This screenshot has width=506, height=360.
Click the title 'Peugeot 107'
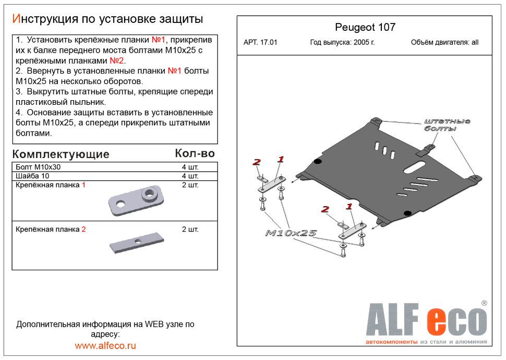point(364,28)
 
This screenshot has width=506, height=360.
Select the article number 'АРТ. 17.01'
point(260,43)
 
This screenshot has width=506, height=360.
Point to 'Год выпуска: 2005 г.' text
point(342,43)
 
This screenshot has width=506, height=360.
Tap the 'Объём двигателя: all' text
point(444,43)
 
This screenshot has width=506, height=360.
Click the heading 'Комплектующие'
point(61,154)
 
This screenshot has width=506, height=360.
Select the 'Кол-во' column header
point(195,153)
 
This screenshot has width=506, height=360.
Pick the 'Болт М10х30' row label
point(38,167)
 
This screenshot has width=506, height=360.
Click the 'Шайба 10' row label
point(32,176)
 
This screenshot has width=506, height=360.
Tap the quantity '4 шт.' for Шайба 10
point(190,176)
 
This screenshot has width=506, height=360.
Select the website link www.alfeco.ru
point(105,345)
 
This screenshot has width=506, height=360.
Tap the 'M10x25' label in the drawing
point(291,233)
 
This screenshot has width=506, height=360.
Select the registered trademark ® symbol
point(484,303)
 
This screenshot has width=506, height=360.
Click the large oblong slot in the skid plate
point(414,169)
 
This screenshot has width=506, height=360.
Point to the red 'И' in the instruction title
point(16,19)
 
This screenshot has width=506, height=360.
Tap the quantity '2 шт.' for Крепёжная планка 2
point(190,229)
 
